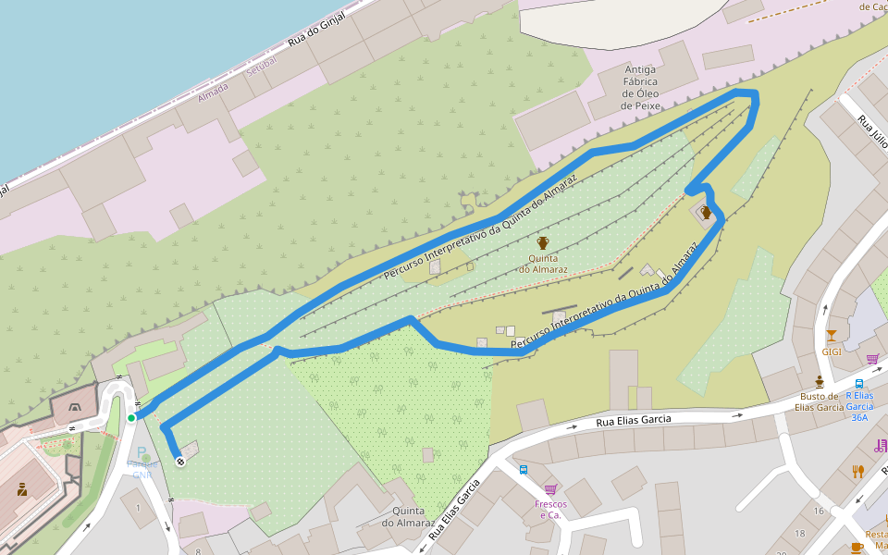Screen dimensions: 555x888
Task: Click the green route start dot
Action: [131, 418]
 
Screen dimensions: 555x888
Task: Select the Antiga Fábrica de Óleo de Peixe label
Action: [641, 88]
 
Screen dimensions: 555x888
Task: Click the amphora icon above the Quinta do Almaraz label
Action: [543, 242]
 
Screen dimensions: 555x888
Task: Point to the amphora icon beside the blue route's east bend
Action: [707, 213]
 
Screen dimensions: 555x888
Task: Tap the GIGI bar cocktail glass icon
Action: [831, 336]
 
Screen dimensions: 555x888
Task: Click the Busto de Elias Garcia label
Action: [820, 401]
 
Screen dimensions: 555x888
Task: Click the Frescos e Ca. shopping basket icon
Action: [550, 488]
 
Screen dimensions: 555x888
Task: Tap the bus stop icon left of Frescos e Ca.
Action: [524, 469]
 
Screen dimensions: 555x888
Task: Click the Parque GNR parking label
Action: [142, 463]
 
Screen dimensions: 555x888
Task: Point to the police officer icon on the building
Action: [22, 487]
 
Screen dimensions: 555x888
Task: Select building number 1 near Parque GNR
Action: [138, 507]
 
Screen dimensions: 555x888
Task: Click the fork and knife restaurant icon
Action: [857, 471]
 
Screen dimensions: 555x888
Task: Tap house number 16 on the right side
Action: [818, 511]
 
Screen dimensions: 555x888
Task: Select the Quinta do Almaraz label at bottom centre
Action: [408, 517]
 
